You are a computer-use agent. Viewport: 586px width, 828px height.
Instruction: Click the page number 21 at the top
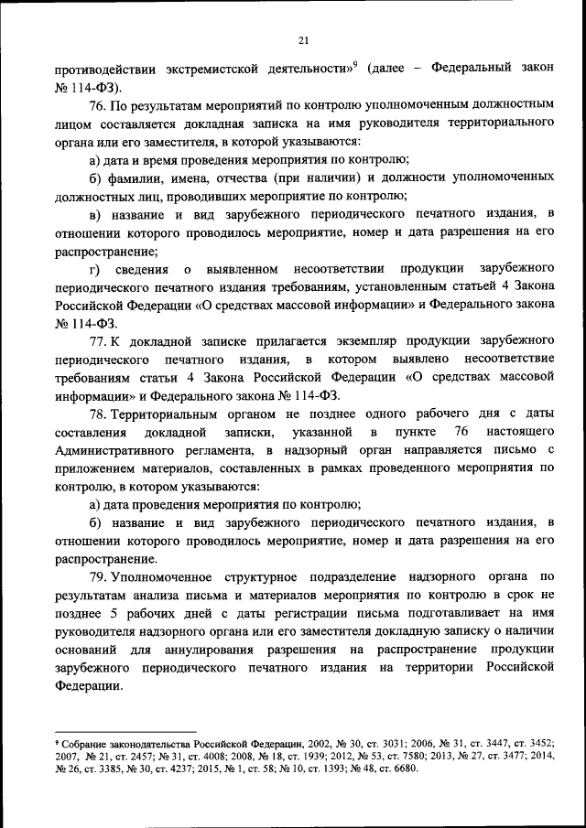(x=304, y=39)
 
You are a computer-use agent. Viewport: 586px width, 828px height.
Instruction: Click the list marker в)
(x=94, y=213)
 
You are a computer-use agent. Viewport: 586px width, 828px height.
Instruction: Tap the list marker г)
(x=93, y=268)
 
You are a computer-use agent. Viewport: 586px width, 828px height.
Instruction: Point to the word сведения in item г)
(x=143, y=268)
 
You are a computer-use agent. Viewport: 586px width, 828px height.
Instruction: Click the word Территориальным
(x=171, y=414)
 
